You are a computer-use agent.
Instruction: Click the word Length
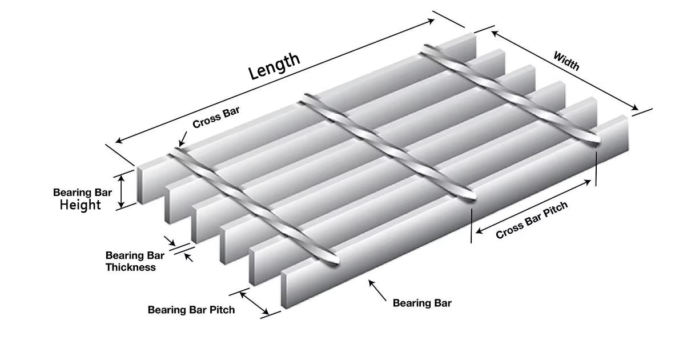tap(274, 66)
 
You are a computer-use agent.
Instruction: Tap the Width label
tap(566, 61)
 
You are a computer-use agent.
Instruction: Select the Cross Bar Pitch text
tap(532, 221)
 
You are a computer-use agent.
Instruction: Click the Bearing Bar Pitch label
tap(191, 310)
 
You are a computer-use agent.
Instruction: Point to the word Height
tap(80, 205)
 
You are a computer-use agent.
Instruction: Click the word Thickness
tap(130, 267)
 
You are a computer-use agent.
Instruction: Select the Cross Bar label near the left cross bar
tap(215, 115)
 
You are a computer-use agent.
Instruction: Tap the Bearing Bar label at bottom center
tap(422, 303)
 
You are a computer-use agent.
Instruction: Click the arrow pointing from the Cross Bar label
tap(182, 139)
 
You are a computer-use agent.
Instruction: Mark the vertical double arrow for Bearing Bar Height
tap(122, 191)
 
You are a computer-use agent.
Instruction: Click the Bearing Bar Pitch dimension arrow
tap(254, 303)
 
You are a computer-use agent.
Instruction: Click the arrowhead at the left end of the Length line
tap(119, 141)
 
